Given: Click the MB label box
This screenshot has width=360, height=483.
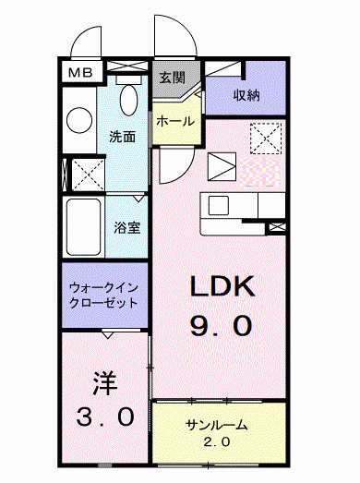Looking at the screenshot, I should click(x=78, y=72).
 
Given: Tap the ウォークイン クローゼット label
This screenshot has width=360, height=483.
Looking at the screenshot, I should click(x=103, y=294).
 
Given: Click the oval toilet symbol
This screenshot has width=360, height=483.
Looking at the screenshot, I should click(x=128, y=95).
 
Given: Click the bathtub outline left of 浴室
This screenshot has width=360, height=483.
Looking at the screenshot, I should click(x=85, y=225).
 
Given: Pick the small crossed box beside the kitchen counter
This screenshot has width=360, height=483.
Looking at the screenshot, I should click(x=277, y=224).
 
